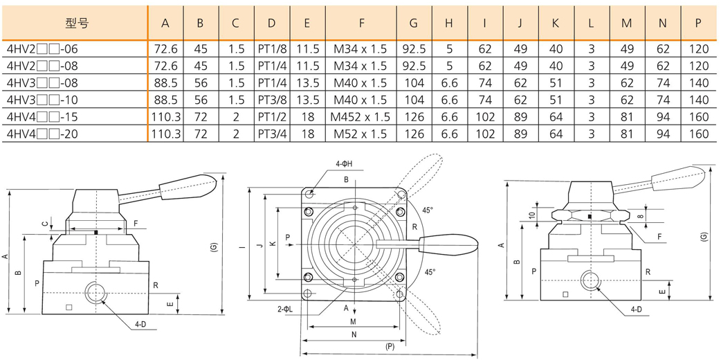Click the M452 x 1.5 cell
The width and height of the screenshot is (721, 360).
[x=361, y=117]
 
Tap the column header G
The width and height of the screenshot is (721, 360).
[x=413, y=23]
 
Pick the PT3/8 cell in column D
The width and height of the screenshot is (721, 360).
[x=271, y=100]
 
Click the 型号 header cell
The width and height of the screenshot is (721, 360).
[x=76, y=23]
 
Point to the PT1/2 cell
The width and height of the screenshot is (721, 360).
[x=271, y=117]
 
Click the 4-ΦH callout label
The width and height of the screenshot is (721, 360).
[x=345, y=163]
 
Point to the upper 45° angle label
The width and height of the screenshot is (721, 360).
[x=428, y=210]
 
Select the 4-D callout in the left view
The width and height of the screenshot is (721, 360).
[x=140, y=323]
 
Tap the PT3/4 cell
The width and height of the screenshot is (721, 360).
[x=271, y=134]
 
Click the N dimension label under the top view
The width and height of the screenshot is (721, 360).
[x=353, y=334]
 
